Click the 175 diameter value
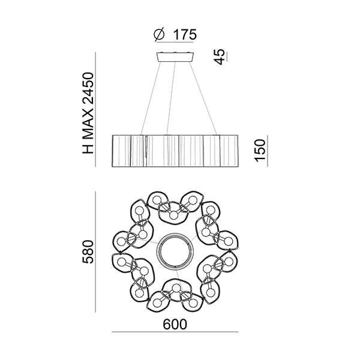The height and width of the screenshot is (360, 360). [185, 35]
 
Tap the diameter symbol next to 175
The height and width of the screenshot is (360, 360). [159, 35]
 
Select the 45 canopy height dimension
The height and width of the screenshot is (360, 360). [220, 57]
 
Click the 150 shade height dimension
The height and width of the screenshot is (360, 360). [260, 151]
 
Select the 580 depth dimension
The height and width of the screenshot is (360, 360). [88, 252]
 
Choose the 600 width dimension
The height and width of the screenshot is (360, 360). [175, 325]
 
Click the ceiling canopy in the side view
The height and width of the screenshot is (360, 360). [175, 57]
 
